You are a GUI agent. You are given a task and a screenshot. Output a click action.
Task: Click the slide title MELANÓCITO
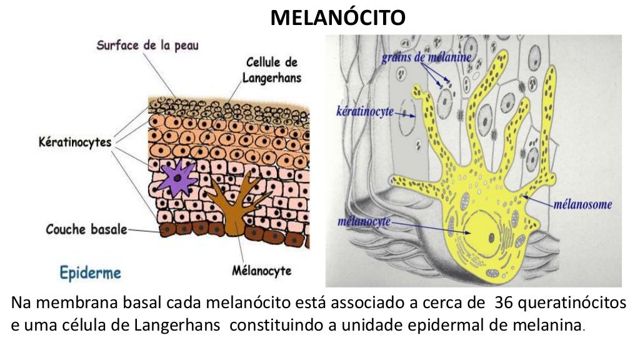337,17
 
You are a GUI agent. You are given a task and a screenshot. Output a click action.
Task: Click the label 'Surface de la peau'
147,46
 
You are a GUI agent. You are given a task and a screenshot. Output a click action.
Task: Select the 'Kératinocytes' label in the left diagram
74,142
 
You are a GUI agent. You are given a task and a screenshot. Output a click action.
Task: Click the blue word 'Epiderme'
91,272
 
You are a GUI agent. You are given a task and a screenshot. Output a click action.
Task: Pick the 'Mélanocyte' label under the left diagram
262,271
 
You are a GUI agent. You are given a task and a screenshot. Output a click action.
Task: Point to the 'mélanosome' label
582,204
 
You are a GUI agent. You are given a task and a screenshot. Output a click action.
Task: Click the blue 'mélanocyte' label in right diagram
364,221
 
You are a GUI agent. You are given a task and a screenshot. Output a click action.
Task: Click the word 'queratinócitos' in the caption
571,304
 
